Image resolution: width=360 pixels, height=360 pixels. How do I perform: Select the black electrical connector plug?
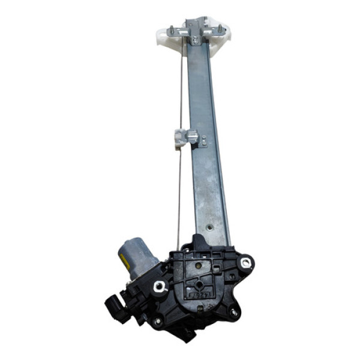(x=114, y=307)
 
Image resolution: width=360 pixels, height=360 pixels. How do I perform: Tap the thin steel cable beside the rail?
(x=181, y=180)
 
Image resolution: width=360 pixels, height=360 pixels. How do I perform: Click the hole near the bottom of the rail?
(x=209, y=227)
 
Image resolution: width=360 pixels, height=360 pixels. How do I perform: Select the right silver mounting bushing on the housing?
(x=245, y=262)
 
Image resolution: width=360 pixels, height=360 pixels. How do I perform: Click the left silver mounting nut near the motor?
(x=160, y=287)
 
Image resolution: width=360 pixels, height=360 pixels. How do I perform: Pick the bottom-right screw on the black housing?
(x=232, y=311)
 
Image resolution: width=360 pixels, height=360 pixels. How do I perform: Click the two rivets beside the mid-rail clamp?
(x=204, y=142)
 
